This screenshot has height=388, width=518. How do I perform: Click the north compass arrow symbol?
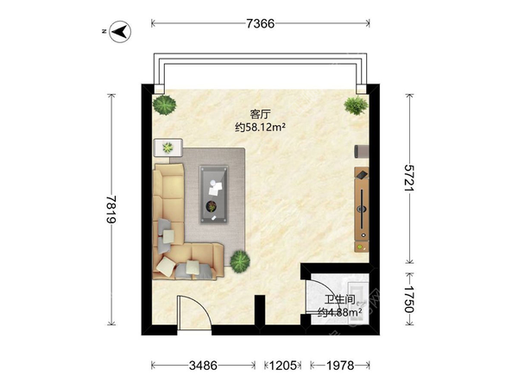[x=120, y=32]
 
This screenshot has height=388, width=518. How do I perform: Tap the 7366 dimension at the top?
[x=261, y=23]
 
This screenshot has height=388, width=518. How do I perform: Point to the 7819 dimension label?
[x=111, y=210]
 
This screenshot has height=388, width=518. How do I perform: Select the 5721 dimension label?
[x=409, y=178]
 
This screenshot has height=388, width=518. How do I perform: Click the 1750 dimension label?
[x=409, y=299]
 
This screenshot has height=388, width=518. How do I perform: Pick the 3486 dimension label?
[x=203, y=366]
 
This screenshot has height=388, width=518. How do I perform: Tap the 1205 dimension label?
[x=283, y=366]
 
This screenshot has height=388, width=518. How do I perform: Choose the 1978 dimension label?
[x=340, y=366]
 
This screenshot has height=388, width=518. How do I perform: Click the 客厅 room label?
[x=260, y=115]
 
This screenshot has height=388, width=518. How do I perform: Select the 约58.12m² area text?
[x=260, y=127]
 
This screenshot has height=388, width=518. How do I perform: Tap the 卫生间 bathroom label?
[x=339, y=300]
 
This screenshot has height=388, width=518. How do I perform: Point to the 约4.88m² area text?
[x=339, y=312]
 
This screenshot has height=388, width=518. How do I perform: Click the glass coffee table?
[x=214, y=194]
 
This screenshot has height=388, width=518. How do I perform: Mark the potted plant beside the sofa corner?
[x=240, y=261]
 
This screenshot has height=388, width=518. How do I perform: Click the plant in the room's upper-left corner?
[x=164, y=105]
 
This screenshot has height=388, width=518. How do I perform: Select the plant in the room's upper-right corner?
[x=356, y=105]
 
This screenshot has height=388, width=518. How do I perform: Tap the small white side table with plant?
[x=168, y=147]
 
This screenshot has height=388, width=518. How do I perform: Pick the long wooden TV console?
[x=362, y=210]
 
